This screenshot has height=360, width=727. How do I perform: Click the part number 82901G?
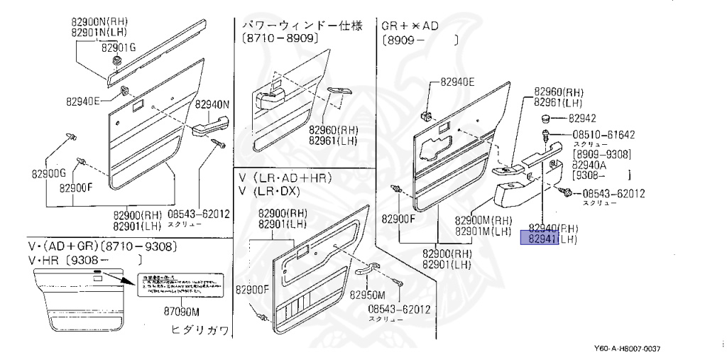tap(119, 48)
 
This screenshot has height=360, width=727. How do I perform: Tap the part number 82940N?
tap(214, 104)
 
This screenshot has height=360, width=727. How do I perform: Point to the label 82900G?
tap(48, 173)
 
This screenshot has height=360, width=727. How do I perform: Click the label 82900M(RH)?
tap(483, 219)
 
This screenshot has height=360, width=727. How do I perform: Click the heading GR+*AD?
tap(410, 26)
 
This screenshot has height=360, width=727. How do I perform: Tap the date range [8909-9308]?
tap(603, 153)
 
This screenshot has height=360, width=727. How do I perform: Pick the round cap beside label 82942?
tap(549, 117)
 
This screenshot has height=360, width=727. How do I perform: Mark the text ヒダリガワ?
tap(201, 330)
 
